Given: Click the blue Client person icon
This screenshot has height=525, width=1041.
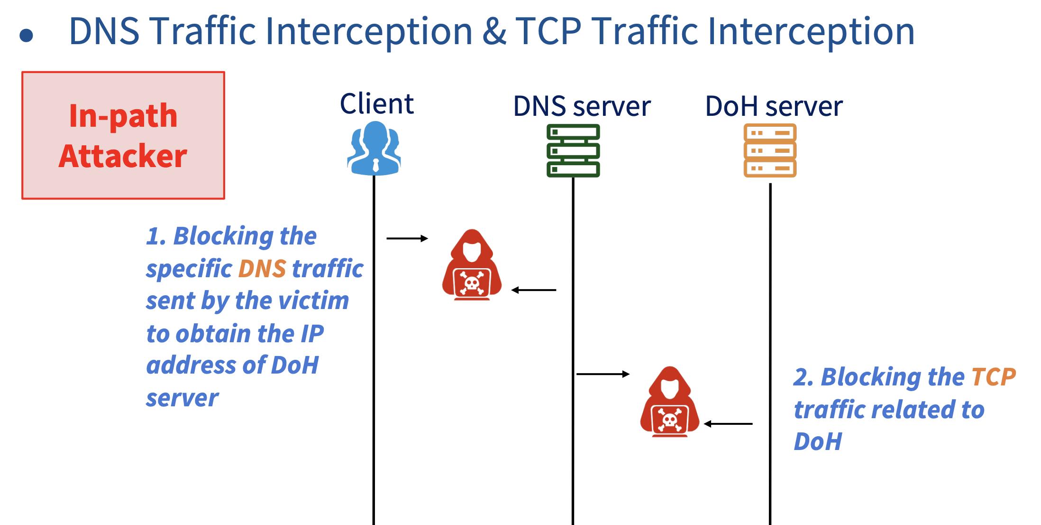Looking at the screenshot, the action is coord(374,148).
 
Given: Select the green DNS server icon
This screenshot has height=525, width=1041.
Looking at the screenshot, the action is coord(573,150).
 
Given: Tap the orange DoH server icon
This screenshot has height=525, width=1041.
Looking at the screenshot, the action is coord(770,150).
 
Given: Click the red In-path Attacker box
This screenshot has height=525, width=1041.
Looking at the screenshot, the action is coord(123,135).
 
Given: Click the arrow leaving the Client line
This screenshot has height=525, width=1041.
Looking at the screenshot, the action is coord(407,238).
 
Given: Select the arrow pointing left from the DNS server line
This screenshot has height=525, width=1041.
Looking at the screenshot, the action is coord(534,290).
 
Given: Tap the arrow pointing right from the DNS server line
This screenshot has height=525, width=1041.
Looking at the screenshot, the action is coord(603,374).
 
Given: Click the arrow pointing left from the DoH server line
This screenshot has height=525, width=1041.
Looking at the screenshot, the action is coord(728,424).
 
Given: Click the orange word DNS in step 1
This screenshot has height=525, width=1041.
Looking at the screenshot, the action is coord(262,269).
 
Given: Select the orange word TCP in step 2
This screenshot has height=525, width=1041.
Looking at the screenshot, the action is coord(994,377).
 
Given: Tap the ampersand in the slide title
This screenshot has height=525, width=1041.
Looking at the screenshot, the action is coord(494,32).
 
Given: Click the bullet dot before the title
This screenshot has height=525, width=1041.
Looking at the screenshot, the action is coord(27,35).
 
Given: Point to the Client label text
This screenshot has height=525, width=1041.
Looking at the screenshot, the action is coord(377,103).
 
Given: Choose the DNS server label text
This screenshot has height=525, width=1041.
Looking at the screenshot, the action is coord(582,106).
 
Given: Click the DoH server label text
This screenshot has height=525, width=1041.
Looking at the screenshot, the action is coord(774,106).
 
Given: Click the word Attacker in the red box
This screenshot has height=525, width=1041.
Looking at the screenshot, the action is coord(123,156).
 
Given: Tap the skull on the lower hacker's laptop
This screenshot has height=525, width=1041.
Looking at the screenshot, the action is coord(669,420).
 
